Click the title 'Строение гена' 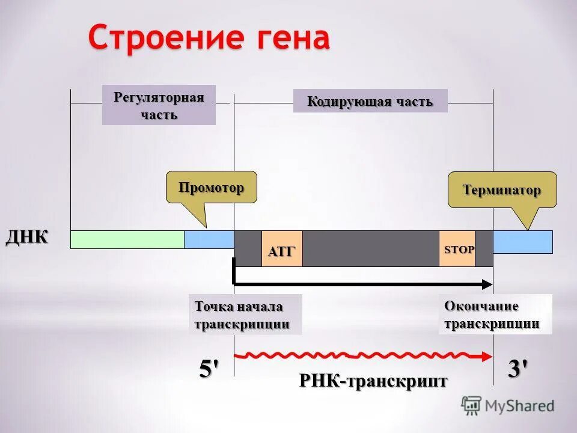209,38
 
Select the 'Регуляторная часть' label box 159,105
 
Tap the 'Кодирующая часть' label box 370,101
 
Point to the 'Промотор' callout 211,187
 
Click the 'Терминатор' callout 502,190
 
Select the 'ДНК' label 28,236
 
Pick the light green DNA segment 127,239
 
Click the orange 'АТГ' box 282,249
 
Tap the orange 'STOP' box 457,248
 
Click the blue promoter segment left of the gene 209,239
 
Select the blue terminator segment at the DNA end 522,242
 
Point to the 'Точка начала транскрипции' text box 245,315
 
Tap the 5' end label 209,369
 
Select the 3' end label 518,369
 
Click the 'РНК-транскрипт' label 373,381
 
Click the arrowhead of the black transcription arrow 487,283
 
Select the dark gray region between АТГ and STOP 370,248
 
